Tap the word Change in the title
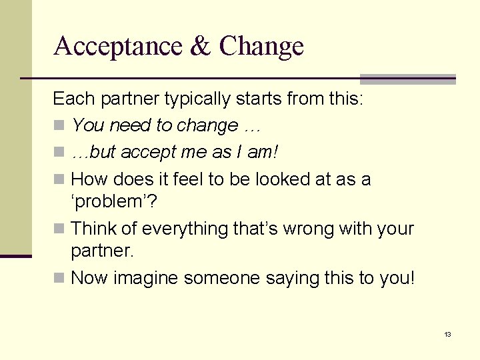pyautogui.click(x=261, y=46)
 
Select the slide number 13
pyautogui.click(x=447, y=334)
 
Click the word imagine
pyautogui.click(x=146, y=277)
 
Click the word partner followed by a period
pyautogui.click(x=102, y=252)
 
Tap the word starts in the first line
pyautogui.click(x=254, y=99)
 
